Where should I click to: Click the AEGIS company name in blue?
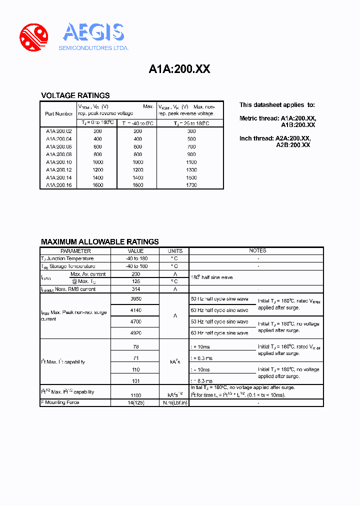tap(93, 32)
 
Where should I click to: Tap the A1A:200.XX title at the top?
tap(179, 69)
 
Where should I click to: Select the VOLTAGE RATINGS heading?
tap(75, 95)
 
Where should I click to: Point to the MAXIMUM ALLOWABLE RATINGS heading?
tap(99, 241)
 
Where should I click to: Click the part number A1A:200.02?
tap(58, 131)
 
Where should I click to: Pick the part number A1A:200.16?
tap(58, 185)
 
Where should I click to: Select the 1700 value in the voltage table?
tap(191, 185)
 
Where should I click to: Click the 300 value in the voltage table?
tap(191, 131)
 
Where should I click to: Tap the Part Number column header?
tap(58, 114)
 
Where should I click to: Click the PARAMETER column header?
tap(75, 251)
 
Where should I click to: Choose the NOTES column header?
tap(257, 251)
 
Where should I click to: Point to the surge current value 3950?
tap(135, 298)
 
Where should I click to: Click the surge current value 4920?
tap(135, 332)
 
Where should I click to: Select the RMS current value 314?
tap(135, 289)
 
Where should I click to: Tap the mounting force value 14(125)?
tap(135, 402)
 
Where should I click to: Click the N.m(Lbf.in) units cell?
tap(174, 402)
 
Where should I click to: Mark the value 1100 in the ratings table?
tap(135, 394)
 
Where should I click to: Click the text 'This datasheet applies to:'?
tap(277, 105)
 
